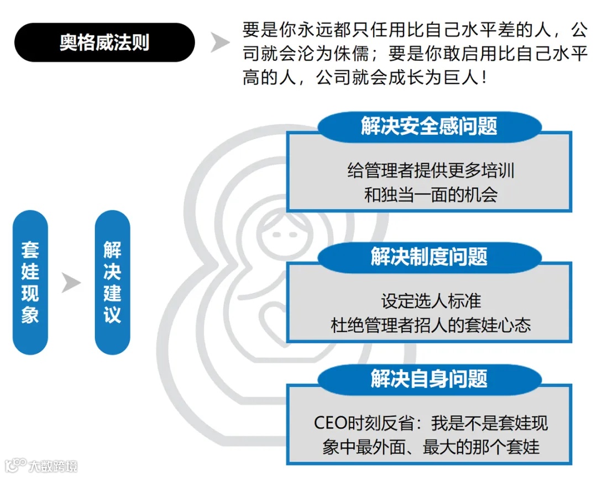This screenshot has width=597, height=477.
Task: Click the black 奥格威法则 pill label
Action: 104,43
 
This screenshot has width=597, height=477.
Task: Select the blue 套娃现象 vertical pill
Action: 30,282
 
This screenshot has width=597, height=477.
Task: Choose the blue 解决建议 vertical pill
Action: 112,282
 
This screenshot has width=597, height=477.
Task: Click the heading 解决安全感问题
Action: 429,126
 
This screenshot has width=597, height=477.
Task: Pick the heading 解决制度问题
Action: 429,257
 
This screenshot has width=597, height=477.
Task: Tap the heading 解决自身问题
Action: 429,379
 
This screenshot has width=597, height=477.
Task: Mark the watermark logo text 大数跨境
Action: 53,465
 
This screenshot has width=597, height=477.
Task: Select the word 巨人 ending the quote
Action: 463,78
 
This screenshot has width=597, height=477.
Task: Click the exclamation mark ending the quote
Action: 484,78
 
